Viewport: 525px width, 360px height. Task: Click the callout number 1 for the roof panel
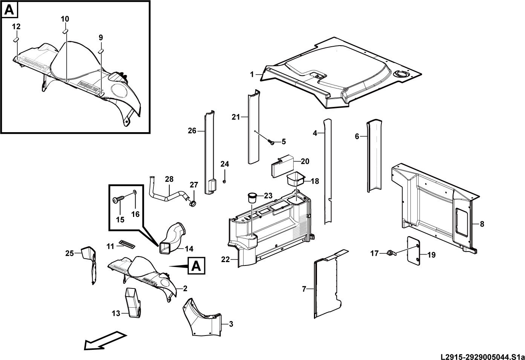pos(252,75)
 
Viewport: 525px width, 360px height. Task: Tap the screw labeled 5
pos(271,142)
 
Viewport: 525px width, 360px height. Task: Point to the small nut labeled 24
pos(224,182)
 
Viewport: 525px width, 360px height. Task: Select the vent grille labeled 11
pos(127,244)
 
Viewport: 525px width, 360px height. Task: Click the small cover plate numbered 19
pos(413,251)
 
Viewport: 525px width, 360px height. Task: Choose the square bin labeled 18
pos(296,179)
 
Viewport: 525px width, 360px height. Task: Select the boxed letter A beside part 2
pos(196,265)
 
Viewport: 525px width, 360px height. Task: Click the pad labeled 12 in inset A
pos(16,39)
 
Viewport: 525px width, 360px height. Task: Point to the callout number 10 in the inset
pos(65,19)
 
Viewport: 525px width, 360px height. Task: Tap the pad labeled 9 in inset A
pos(101,51)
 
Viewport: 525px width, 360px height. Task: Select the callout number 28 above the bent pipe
pos(169,179)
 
